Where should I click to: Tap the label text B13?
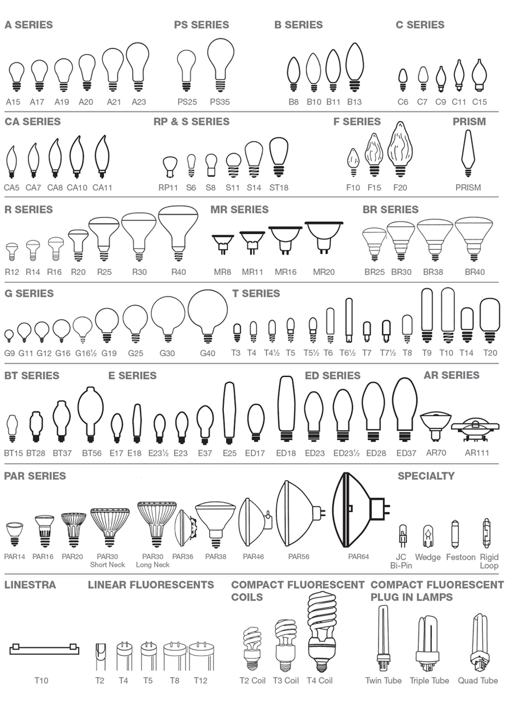(x=354, y=102)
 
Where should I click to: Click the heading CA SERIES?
(x=33, y=121)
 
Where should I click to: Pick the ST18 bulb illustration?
(x=279, y=157)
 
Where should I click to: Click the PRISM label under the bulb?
(x=468, y=187)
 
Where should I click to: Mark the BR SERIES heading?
(x=391, y=209)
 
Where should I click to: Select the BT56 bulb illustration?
(x=91, y=413)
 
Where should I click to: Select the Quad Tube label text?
(x=478, y=680)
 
